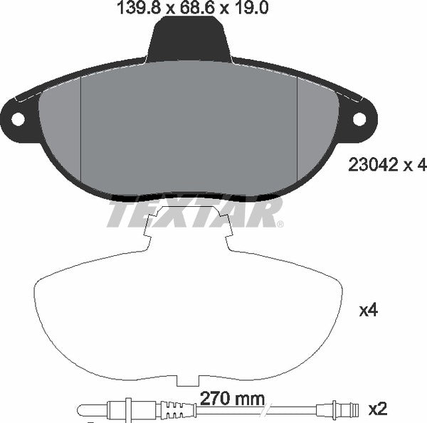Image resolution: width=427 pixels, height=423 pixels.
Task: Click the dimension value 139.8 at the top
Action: click(133, 9)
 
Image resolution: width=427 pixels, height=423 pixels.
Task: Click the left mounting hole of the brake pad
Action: click(16, 119)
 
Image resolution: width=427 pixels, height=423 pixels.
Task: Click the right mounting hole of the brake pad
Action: click(359, 119)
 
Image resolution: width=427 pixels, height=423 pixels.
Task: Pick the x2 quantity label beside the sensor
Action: click(378, 409)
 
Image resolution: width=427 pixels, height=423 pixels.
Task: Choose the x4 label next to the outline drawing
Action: click(368, 311)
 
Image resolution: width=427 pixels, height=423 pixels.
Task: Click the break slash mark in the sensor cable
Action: click(265, 409)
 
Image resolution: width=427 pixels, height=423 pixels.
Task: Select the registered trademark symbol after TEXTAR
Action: click(280, 224)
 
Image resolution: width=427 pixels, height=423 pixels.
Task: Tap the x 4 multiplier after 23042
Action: click(414, 165)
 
